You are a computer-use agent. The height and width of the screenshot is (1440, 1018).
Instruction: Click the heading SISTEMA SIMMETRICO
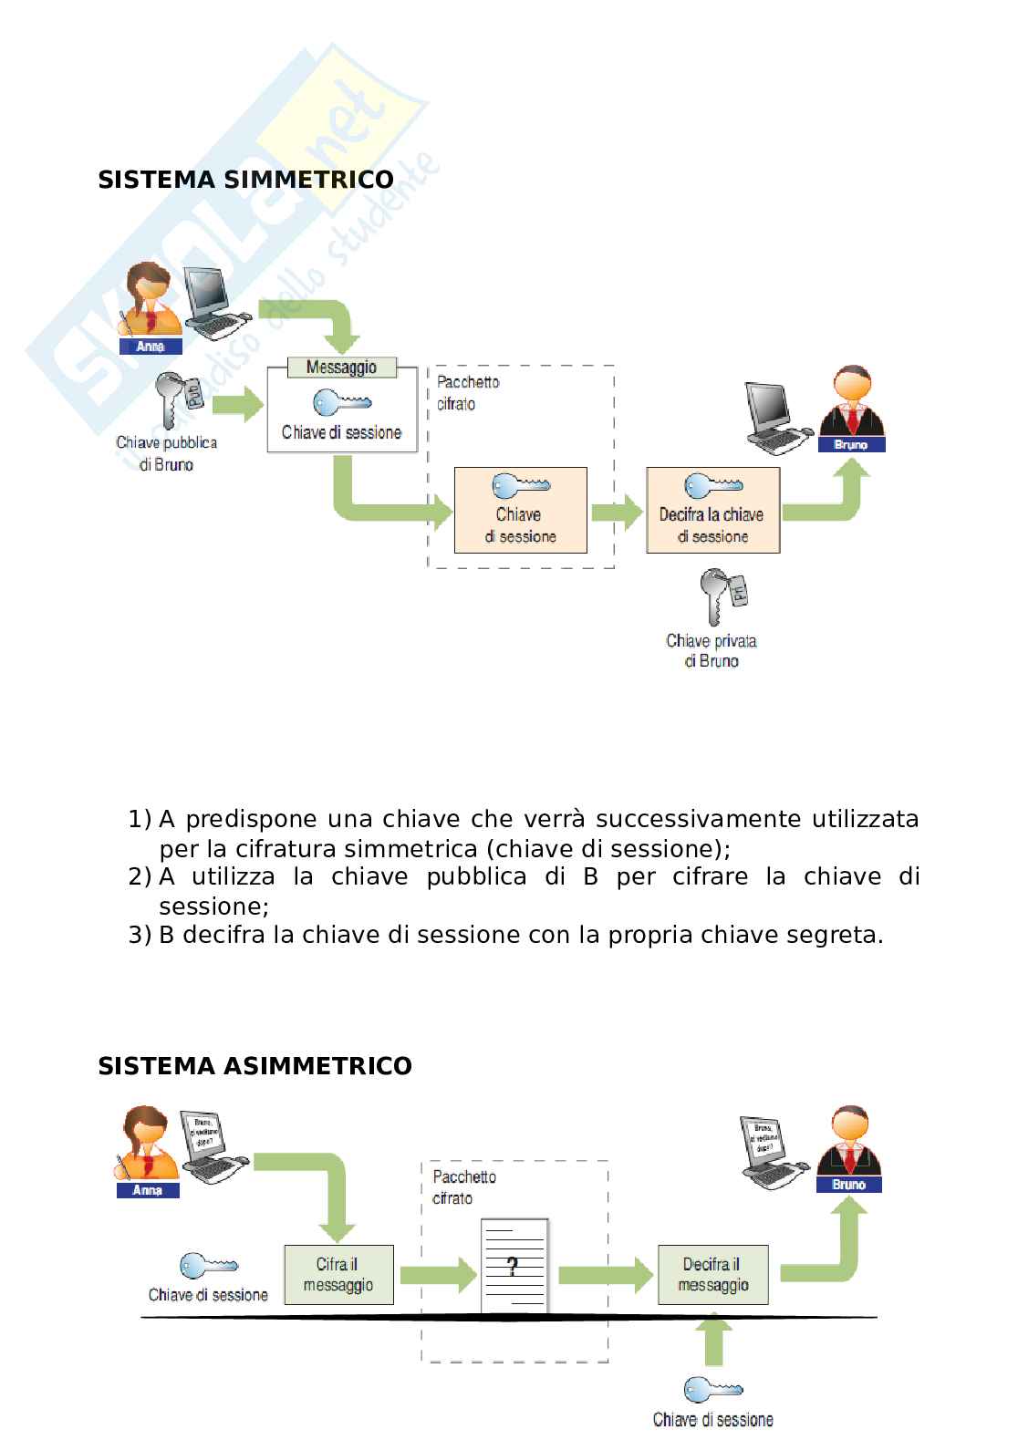coord(245,180)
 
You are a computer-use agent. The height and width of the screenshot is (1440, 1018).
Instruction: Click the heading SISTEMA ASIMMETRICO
coord(254,1066)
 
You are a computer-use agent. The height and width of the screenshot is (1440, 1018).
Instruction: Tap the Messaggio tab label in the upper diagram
coord(341,368)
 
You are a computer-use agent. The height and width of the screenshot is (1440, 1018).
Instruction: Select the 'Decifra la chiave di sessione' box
coord(712,511)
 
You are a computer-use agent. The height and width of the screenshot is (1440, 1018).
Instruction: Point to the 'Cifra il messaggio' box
coord(338,1274)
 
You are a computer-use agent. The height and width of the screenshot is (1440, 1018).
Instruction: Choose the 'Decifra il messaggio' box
coord(712,1274)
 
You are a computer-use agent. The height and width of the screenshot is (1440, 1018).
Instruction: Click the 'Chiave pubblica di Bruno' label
coord(166,453)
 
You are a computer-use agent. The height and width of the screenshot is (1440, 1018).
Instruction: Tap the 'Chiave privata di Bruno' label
coord(712,650)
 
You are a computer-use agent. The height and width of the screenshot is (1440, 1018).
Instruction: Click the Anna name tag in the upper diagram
coord(151,347)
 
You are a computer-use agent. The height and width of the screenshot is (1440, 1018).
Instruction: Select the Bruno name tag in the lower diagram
coord(848,1185)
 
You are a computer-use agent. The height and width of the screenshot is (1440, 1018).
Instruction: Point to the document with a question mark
coord(514,1266)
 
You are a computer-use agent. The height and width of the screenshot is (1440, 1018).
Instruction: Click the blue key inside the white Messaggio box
coord(341,402)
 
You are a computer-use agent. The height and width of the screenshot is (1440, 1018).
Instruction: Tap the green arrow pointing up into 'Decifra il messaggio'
coord(712,1338)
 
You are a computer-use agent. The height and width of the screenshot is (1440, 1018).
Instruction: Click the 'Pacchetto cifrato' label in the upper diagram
coord(468,393)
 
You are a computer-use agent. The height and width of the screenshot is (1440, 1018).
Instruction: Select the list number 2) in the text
coord(140,877)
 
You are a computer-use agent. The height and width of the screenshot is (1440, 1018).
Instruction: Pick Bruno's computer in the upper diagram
coord(774,417)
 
